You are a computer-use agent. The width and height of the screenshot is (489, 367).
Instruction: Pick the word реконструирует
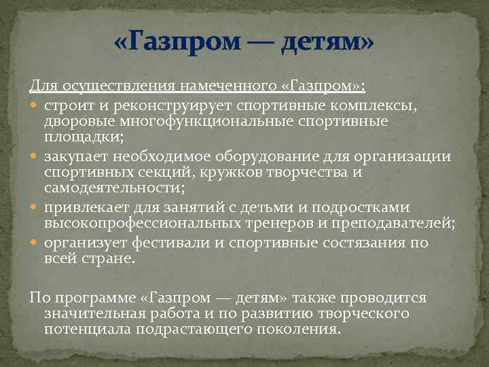click(159, 106)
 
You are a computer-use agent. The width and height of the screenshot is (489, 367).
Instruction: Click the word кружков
click(248, 172)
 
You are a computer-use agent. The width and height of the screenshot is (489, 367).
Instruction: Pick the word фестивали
click(164, 243)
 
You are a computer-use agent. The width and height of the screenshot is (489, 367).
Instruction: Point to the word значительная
click(96, 314)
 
